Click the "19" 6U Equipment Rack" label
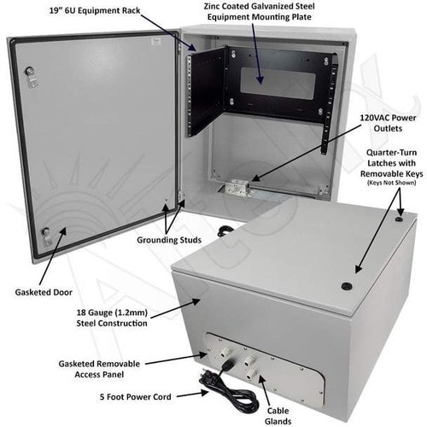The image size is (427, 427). click(x=95, y=11)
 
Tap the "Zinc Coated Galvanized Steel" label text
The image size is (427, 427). click(x=260, y=6)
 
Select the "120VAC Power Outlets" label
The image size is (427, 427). click(x=388, y=123)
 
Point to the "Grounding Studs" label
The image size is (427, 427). click(x=169, y=240)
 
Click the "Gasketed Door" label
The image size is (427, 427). click(x=44, y=292)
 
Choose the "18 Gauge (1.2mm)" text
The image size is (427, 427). click(x=112, y=313)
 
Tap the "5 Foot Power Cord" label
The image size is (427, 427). click(x=136, y=397)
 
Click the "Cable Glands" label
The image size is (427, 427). click(x=278, y=416)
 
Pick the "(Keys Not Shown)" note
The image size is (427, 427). click(x=392, y=183)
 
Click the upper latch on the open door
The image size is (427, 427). click(x=31, y=75)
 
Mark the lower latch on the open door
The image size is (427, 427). click(x=46, y=237)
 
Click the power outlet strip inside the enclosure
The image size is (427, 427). click(x=237, y=187)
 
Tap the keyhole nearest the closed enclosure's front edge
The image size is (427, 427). click(x=347, y=285)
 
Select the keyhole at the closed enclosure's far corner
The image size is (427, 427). click(x=399, y=219)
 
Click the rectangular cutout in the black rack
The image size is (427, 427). click(x=278, y=83)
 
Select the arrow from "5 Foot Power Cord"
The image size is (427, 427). click(x=193, y=395)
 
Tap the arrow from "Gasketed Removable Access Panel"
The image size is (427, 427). click(x=177, y=359)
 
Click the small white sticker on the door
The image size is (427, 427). click(x=156, y=42)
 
